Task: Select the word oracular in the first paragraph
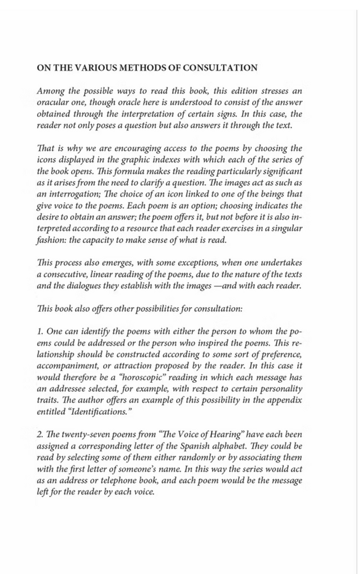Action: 53,101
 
